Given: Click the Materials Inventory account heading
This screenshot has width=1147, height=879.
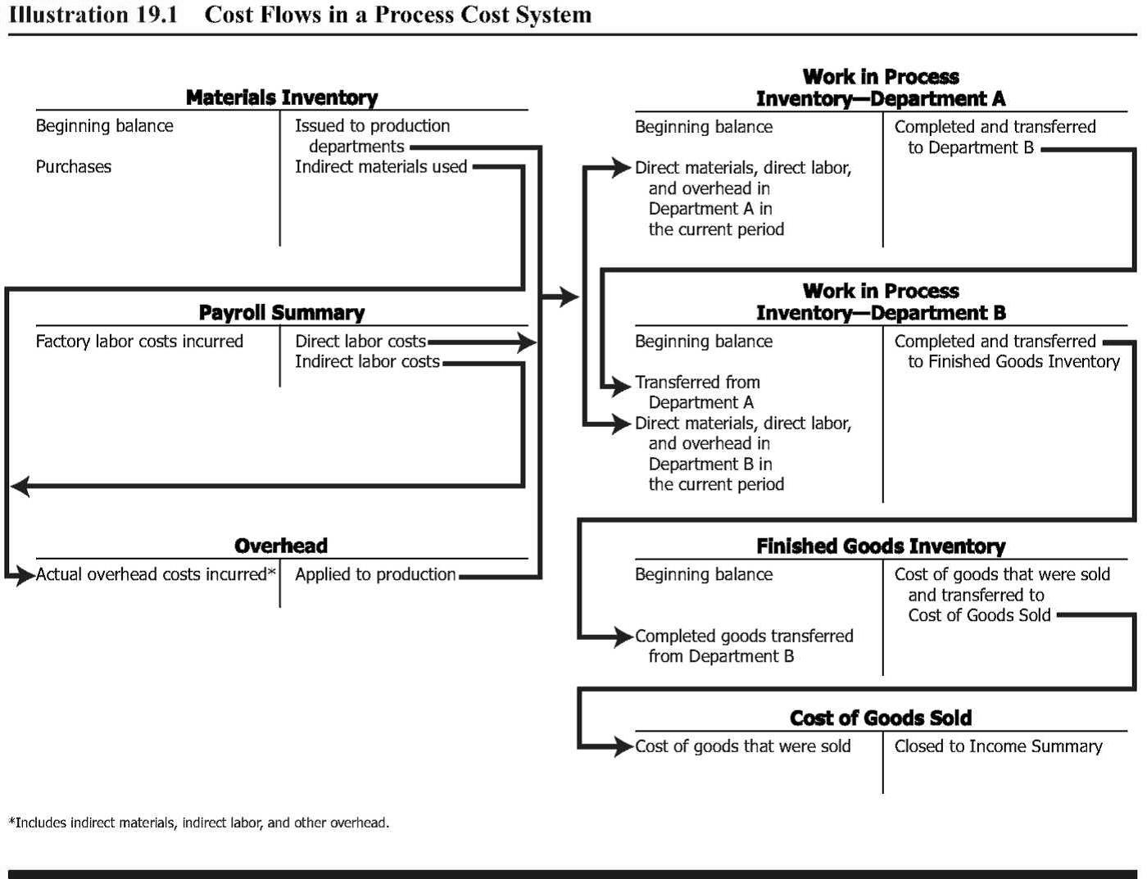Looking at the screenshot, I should point(282,97).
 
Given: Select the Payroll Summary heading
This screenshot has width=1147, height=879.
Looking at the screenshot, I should point(282,313).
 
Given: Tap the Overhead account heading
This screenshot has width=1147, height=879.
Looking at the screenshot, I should point(281,546).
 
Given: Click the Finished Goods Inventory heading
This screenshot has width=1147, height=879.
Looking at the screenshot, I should point(881,546).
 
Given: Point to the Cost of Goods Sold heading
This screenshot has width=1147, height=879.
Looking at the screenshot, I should point(881,718).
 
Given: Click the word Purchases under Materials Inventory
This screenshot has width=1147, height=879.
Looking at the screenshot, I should point(74,167).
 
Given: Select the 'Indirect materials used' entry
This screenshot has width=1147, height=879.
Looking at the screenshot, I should point(381,167).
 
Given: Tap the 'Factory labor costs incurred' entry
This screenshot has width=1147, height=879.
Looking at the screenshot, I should point(139,342).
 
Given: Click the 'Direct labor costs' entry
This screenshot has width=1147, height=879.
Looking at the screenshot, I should point(360,342).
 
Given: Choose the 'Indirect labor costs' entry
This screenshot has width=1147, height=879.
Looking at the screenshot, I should point(367,362).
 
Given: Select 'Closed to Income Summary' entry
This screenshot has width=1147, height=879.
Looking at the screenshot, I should point(998,746).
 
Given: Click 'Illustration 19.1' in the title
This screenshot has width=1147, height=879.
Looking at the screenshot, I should point(93,15).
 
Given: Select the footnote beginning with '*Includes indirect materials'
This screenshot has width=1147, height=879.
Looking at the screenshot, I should point(199,822).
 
